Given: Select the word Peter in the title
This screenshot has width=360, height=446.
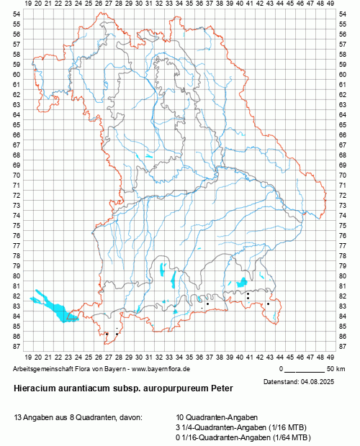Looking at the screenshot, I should pos(221,387).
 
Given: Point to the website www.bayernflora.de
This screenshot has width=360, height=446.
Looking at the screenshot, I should pos(155,369).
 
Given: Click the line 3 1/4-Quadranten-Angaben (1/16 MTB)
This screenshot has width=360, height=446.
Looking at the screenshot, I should pos(233,427).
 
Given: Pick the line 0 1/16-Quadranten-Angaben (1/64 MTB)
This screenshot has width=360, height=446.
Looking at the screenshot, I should pos(233,437).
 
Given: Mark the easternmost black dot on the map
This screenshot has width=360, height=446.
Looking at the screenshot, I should pos(268,304).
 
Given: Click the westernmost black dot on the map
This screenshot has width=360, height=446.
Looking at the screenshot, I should pos(107,334).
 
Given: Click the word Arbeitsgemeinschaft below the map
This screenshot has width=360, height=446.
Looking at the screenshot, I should pos(44,369).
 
